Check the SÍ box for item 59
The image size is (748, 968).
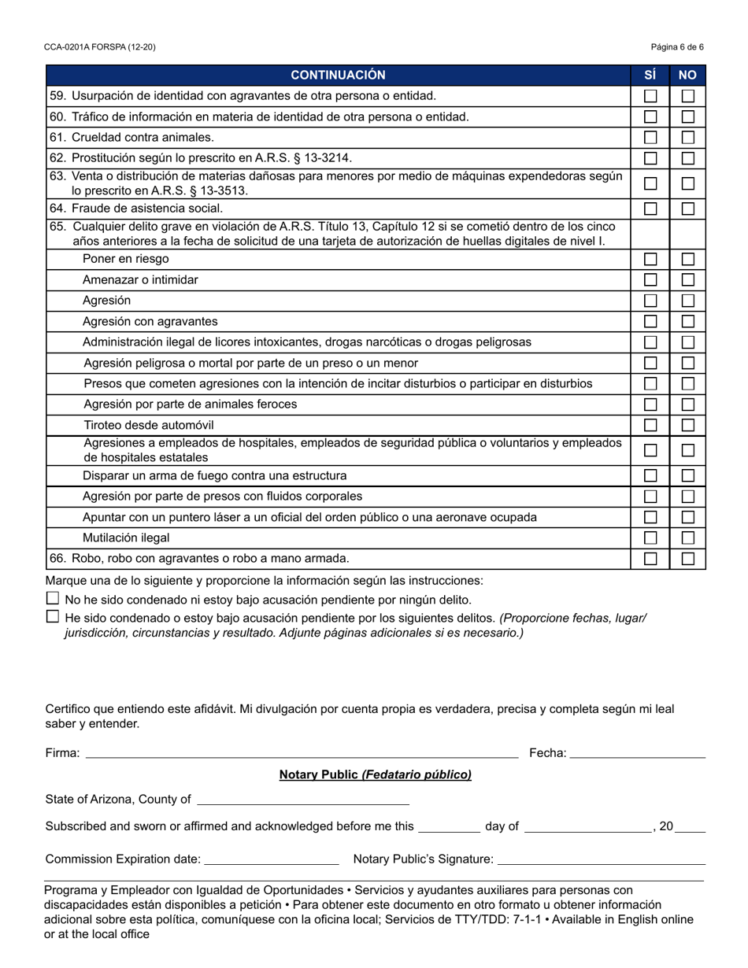650,96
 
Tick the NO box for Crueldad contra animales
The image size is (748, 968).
688,137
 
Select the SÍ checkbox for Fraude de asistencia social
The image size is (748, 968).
650,209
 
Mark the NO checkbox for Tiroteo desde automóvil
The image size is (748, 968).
688,425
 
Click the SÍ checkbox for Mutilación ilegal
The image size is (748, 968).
650,538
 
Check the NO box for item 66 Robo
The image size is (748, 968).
688,559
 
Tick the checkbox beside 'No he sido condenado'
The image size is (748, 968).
53,599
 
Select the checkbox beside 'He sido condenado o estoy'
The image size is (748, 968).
53,617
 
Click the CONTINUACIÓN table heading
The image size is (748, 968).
339,76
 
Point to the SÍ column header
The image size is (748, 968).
650,76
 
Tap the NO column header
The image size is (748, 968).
688,76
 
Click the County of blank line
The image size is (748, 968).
302,801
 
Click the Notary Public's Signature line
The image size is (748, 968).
602,859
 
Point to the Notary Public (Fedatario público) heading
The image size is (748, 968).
375,775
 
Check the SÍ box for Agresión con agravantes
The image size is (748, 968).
650,321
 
